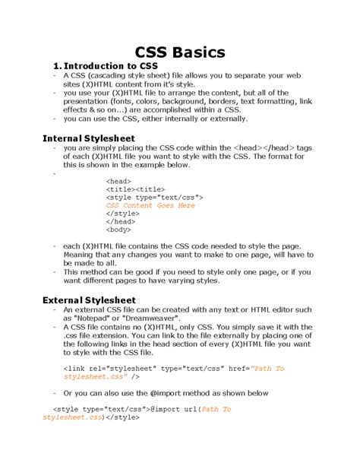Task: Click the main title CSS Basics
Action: click(x=180, y=52)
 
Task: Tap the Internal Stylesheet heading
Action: click(x=89, y=138)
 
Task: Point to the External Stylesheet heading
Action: click(x=90, y=300)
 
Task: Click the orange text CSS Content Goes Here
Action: click(x=150, y=205)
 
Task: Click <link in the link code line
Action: click(x=74, y=368)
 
